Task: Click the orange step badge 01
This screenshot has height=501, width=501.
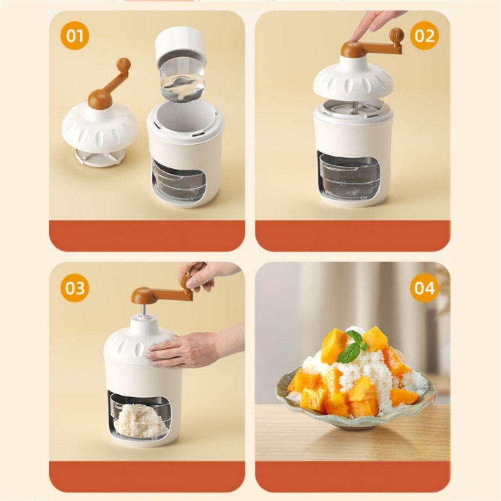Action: point(75,36)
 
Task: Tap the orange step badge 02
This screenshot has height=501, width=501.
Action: point(424,37)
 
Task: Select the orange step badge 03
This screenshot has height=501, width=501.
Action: point(75,288)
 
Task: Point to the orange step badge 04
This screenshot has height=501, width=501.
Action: point(424,288)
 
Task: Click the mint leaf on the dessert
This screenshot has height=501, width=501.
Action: point(352,347)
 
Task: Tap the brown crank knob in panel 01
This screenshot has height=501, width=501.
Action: point(123,65)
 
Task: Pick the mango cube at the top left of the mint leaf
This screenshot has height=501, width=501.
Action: point(333,346)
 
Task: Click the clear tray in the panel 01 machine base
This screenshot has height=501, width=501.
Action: point(179,181)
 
